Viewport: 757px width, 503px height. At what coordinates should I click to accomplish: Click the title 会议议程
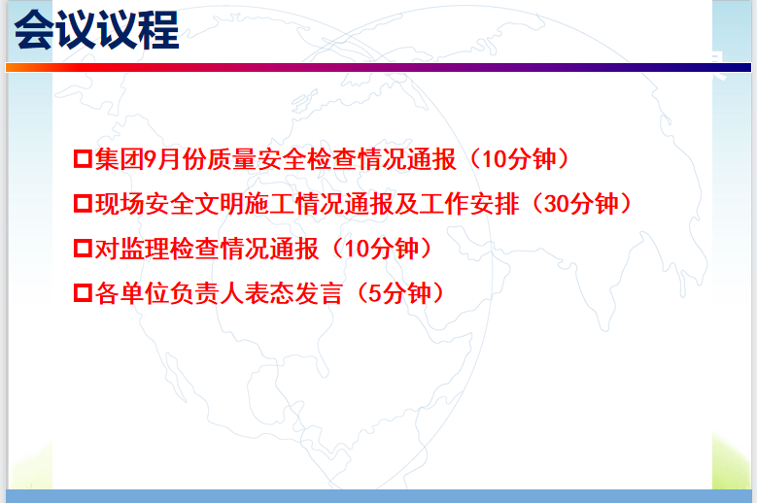pos(96,30)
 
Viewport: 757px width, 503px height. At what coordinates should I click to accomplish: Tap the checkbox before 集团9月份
pos(83,158)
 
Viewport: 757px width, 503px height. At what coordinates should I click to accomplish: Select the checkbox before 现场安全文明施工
pos(83,203)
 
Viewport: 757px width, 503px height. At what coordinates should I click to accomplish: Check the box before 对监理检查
pos(83,248)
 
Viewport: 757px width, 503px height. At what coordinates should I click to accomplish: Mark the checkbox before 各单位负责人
pos(83,292)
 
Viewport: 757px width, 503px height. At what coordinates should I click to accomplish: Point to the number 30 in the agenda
pos(557,204)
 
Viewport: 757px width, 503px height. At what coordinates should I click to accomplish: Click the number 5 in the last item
pos(375,292)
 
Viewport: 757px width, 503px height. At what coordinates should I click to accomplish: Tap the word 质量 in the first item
pos(231,158)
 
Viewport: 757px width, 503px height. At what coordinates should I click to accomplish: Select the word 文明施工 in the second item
pos(244,204)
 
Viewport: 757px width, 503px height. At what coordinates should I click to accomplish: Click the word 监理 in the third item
pos(145,249)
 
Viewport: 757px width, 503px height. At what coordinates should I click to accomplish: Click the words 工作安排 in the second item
pos(469,204)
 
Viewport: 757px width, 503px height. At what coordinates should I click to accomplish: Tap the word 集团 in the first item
pos(120,158)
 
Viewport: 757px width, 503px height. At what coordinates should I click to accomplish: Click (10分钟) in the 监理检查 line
pos(382,249)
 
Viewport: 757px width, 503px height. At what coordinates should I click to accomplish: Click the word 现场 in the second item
pos(120,204)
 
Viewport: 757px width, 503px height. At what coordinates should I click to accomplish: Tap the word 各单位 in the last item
pos(132,292)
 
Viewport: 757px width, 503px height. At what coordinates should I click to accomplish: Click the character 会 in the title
pos(34,30)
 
